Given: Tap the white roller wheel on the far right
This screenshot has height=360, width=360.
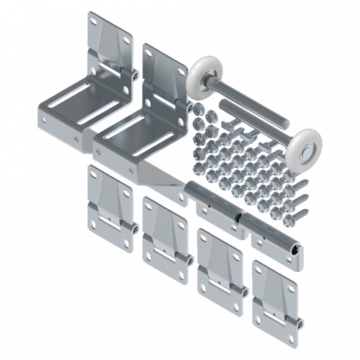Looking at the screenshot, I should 304,146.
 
